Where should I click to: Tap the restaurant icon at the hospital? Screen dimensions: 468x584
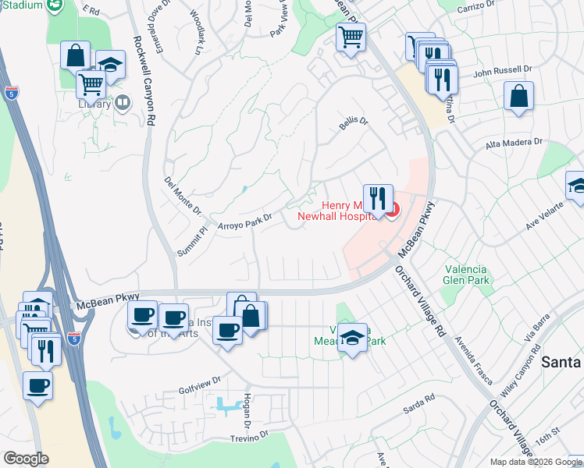coord(378,199)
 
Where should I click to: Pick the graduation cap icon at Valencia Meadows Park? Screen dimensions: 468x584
coord(353,339)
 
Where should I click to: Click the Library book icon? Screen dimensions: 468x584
coord(123,103)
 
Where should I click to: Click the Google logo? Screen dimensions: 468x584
coord(27,459)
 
